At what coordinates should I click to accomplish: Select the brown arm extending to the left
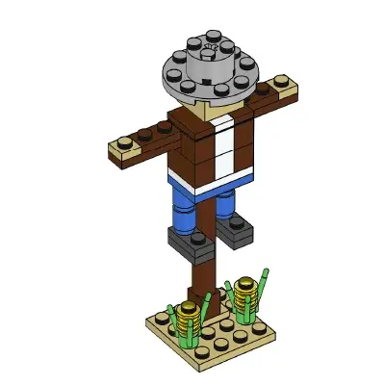point(152,141)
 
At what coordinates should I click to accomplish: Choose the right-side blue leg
point(225,205)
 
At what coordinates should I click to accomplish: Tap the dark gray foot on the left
point(185,242)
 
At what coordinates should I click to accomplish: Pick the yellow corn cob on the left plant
point(190,314)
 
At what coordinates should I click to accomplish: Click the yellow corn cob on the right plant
point(245,288)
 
